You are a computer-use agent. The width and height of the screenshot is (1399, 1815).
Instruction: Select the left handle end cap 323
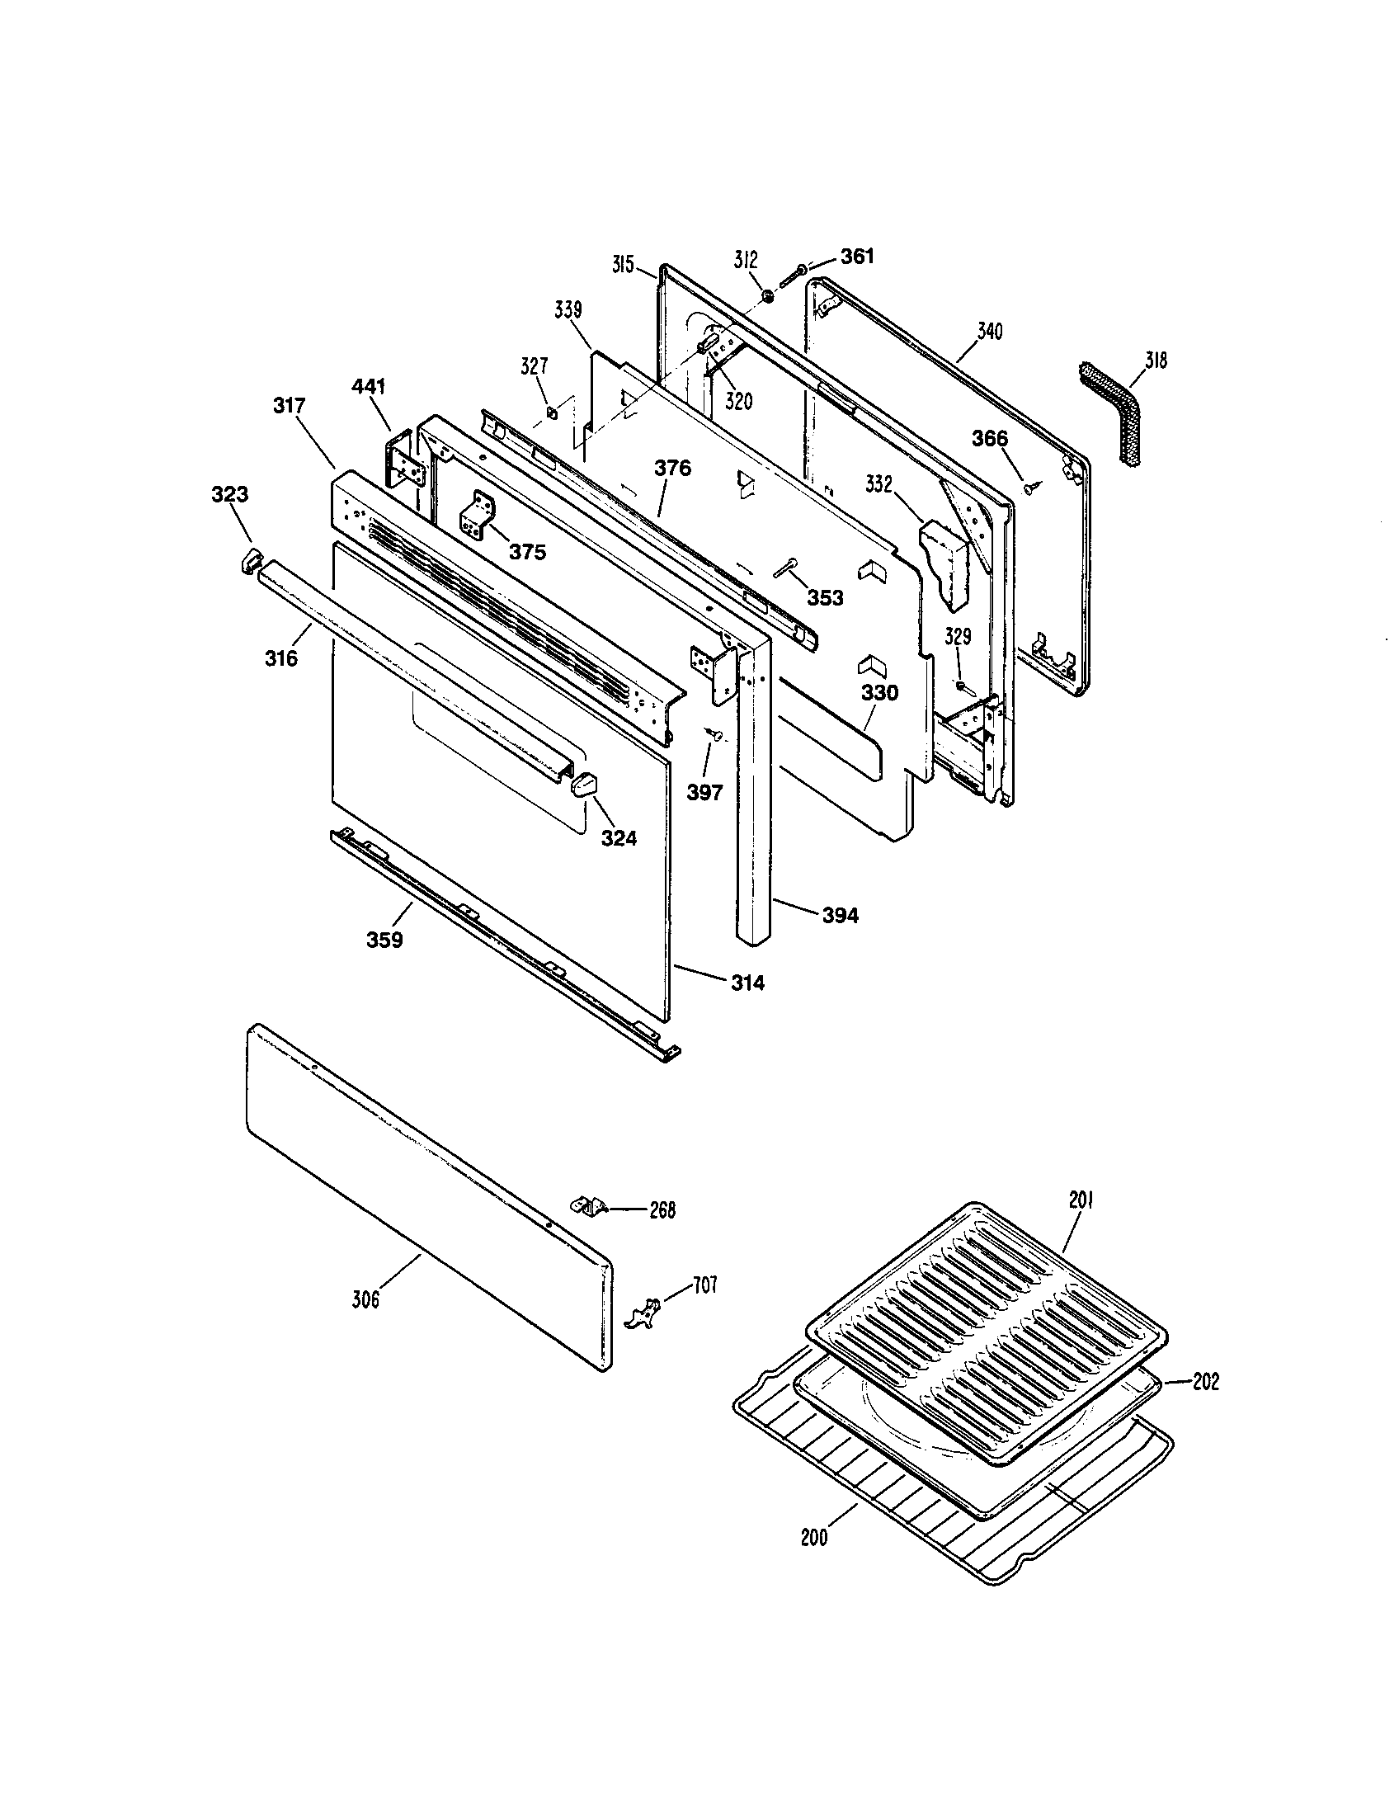[247, 560]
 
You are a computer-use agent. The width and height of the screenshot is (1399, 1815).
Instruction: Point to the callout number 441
[368, 385]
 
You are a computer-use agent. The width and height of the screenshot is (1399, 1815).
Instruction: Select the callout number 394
[840, 916]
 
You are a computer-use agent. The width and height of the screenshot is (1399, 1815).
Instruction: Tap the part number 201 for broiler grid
[1081, 1200]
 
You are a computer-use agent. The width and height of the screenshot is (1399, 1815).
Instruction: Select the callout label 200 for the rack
[814, 1538]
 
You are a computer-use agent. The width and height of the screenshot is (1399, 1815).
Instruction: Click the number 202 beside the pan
[1205, 1381]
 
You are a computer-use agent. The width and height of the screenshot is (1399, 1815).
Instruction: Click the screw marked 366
[1031, 488]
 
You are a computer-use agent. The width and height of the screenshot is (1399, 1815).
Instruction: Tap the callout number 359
[384, 940]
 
